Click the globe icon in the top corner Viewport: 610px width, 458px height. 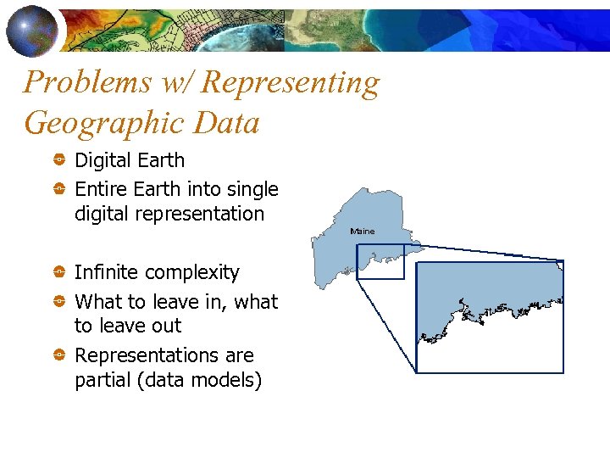tap(31, 30)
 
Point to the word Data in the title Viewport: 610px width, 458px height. tap(227, 123)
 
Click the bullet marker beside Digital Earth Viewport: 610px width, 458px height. tap(60, 160)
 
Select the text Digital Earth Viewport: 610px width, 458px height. tap(130, 160)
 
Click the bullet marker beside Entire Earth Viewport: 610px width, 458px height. tap(60, 189)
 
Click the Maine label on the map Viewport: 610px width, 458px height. tap(362, 231)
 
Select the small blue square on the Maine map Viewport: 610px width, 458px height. tap(380, 261)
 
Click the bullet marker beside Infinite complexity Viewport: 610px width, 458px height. tap(60, 272)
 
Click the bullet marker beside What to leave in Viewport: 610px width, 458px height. tap(60, 301)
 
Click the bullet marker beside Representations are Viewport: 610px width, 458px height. tap(60, 355)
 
